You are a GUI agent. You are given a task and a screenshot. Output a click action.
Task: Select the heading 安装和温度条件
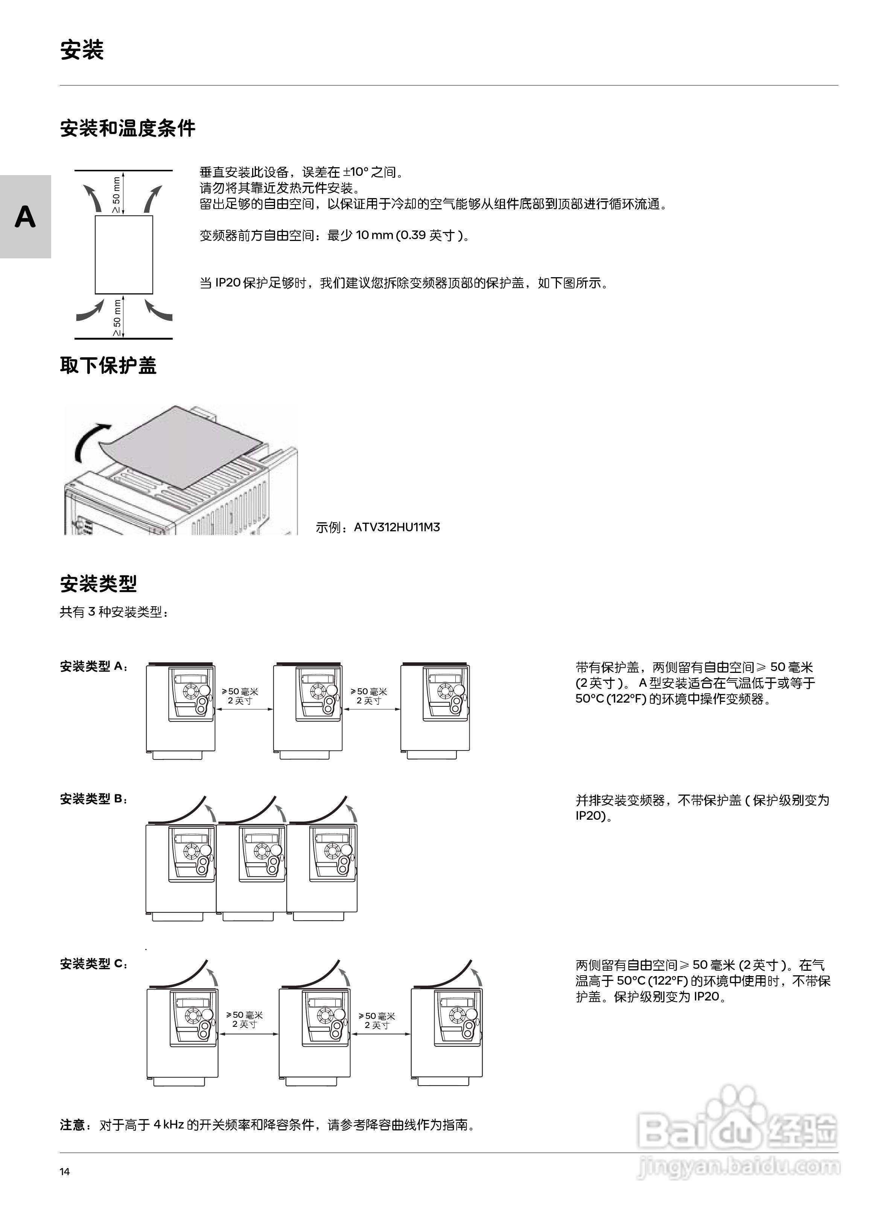[128, 128]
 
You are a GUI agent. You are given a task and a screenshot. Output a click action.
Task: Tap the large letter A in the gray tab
[25, 217]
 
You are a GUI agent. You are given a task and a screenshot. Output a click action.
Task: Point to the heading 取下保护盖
[108, 365]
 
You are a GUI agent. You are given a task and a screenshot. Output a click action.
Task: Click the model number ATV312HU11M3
[397, 527]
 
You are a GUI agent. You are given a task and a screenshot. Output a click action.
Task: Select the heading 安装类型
[98, 584]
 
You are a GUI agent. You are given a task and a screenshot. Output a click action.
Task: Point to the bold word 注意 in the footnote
[72, 1125]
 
